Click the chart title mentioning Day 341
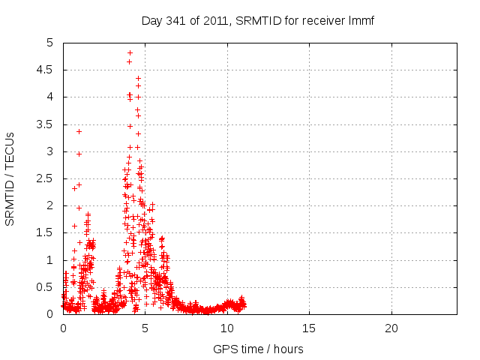pos(257,20)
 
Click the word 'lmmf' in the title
pos(361,20)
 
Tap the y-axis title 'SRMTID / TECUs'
pos(10,178)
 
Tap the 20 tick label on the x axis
pos(391,328)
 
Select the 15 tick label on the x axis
pos(309,328)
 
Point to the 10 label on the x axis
pos(227,328)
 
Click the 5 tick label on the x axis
pos(145,328)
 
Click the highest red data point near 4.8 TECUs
pos(130,52)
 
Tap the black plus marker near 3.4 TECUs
pos(79,131)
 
